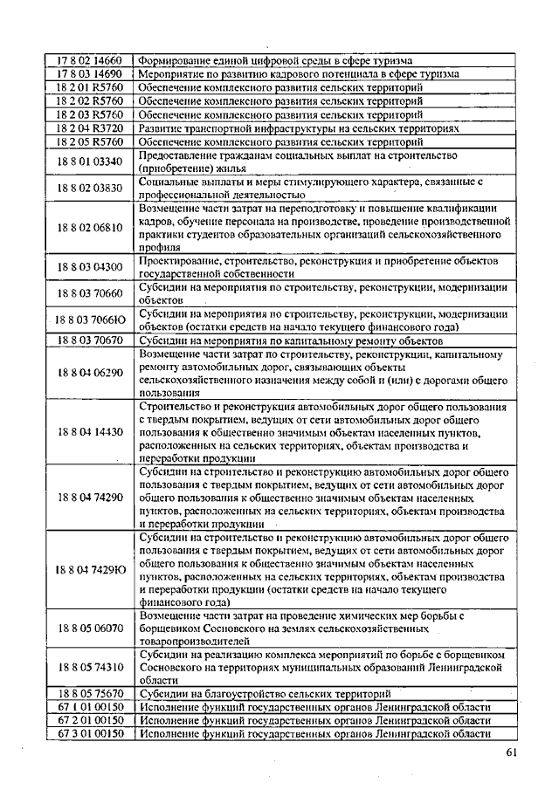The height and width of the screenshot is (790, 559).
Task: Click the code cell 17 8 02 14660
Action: (x=90, y=61)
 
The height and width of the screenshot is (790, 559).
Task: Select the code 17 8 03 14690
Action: (x=90, y=74)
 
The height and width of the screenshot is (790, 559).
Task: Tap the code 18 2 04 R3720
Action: (x=90, y=127)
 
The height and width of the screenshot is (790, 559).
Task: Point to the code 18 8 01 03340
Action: (x=90, y=161)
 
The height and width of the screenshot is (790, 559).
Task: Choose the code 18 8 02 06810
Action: (x=90, y=227)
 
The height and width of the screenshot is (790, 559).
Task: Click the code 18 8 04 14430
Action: (x=90, y=432)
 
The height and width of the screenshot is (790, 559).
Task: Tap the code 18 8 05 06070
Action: (x=90, y=628)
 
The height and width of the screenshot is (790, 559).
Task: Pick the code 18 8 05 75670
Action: (x=90, y=693)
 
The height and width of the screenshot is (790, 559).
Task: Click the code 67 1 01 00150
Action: (x=90, y=706)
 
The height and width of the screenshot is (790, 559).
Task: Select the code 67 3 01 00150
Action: (x=90, y=733)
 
